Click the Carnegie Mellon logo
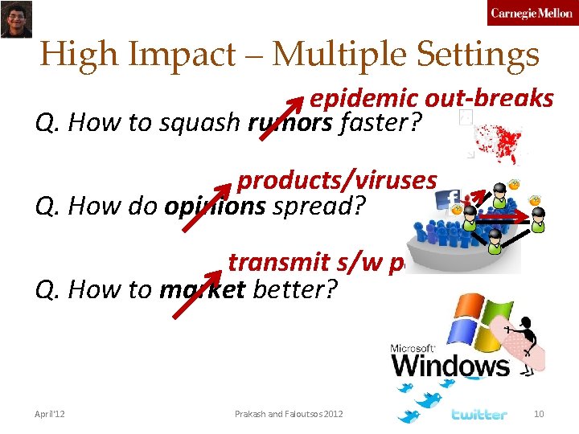point(531,14)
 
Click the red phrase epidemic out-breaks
point(431,99)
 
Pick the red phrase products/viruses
point(337,180)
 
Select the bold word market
point(203,289)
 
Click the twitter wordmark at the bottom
point(479,415)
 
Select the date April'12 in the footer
point(50,414)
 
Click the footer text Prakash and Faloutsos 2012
point(289,414)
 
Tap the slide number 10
point(539,414)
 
